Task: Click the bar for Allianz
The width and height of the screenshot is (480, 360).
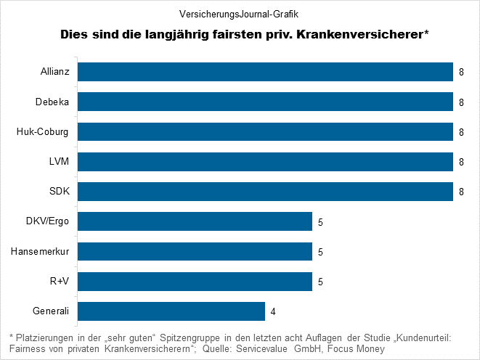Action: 265,73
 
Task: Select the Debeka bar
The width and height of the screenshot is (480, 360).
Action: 265,102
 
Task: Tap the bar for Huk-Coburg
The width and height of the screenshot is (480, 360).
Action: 265,132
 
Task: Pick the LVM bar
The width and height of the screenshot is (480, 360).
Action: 265,162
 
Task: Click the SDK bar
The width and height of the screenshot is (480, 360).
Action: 265,192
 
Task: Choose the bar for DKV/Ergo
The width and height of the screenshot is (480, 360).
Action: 195,221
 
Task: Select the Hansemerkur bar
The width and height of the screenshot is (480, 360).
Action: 195,252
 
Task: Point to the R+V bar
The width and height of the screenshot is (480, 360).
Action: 195,282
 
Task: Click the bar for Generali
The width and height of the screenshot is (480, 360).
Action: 171,311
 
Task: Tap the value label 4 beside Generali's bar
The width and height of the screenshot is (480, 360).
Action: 274,312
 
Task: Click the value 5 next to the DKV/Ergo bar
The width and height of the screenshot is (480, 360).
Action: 321,222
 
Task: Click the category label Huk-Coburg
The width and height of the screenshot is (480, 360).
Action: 43,132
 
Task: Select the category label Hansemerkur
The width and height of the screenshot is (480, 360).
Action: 40,252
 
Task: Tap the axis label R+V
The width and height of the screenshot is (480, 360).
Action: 60,282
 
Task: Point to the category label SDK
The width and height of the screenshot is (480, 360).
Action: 59,192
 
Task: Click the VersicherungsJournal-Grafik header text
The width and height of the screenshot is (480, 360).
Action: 239,13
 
